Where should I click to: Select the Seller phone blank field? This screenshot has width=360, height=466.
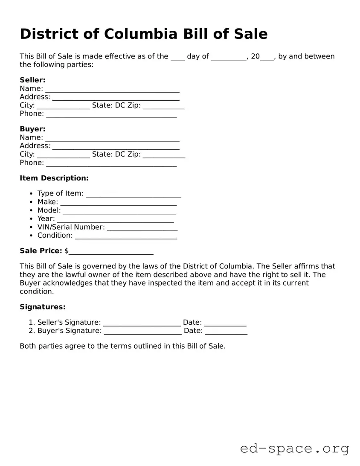point(111,114)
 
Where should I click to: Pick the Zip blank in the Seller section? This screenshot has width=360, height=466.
point(164,106)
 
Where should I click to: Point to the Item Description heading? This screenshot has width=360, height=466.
point(54,178)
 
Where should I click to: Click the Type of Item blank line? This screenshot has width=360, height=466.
point(134,195)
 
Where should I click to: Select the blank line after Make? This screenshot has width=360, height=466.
point(118,203)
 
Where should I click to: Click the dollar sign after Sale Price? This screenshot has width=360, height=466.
point(67,251)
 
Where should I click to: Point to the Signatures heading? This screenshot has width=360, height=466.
point(43,307)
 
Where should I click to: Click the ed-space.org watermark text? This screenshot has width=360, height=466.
point(294,449)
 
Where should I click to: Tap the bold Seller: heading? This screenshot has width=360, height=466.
point(32,80)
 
